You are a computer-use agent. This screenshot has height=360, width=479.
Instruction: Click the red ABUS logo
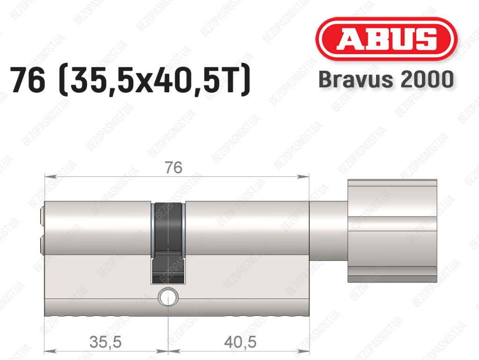(x=386, y=39)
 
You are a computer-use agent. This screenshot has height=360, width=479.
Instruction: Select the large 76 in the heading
(x=28, y=81)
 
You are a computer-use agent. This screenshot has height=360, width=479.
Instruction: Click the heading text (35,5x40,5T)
(x=154, y=81)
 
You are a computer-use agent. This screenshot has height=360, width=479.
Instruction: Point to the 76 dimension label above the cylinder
(x=174, y=168)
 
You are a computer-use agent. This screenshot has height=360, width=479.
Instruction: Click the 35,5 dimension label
(x=105, y=342)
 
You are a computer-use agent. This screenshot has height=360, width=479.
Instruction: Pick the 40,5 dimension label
(x=240, y=342)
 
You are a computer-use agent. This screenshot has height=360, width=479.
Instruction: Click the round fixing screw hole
(x=168, y=296)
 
